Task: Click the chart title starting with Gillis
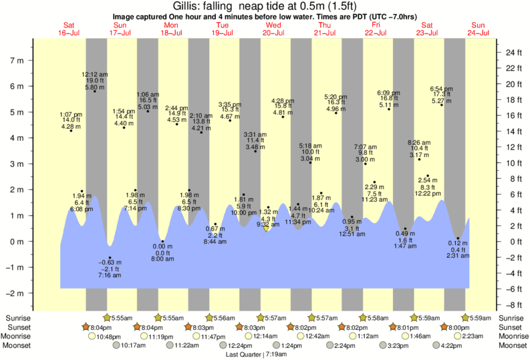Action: (265, 6)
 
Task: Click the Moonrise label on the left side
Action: (18, 336)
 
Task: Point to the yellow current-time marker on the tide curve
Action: (267, 228)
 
